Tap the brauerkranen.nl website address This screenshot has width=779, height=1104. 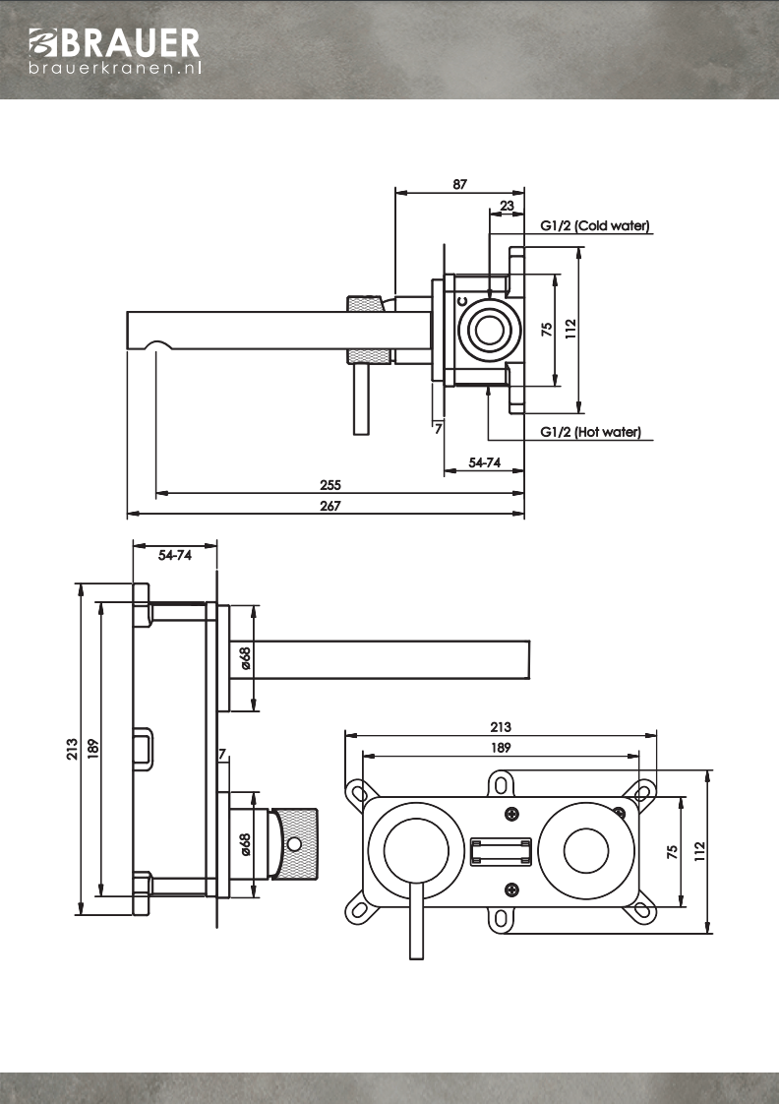tap(115, 69)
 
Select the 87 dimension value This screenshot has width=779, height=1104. tap(459, 184)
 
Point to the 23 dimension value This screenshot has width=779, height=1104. tap(507, 206)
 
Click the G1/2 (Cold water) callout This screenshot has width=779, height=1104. tap(595, 225)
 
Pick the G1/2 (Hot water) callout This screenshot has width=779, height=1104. tap(590, 432)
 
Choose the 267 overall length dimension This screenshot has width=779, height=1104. tap(330, 506)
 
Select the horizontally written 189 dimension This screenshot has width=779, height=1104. tap(500, 747)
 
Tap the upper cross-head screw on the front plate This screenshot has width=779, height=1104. tap(511, 814)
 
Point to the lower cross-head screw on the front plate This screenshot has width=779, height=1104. tap(511, 890)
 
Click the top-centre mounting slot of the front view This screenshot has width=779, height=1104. tap(501, 784)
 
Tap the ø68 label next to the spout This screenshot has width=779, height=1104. tap(245, 658)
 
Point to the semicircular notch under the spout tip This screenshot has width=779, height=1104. tap(156, 345)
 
